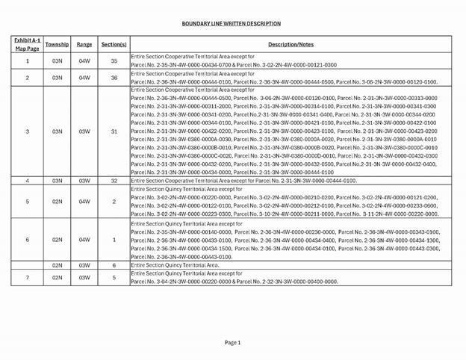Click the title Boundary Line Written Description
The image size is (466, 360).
(232, 23)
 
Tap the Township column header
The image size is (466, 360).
(57, 44)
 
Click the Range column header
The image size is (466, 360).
(84, 44)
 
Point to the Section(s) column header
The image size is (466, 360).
(114, 44)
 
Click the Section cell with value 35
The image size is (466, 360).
(114, 61)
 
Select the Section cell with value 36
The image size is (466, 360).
(114, 78)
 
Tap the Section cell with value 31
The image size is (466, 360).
(114, 131)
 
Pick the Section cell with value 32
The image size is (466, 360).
(114, 181)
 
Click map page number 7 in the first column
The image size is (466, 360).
(28, 278)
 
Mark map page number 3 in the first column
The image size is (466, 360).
(28, 131)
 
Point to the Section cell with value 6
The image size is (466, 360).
(114, 265)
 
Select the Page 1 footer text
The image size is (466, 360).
(233, 342)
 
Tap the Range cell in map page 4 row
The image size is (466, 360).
(84, 181)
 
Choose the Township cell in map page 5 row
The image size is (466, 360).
(57, 202)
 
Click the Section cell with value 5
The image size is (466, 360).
(114, 278)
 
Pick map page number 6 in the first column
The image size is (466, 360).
(28, 240)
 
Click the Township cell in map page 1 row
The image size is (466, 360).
(57, 61)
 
